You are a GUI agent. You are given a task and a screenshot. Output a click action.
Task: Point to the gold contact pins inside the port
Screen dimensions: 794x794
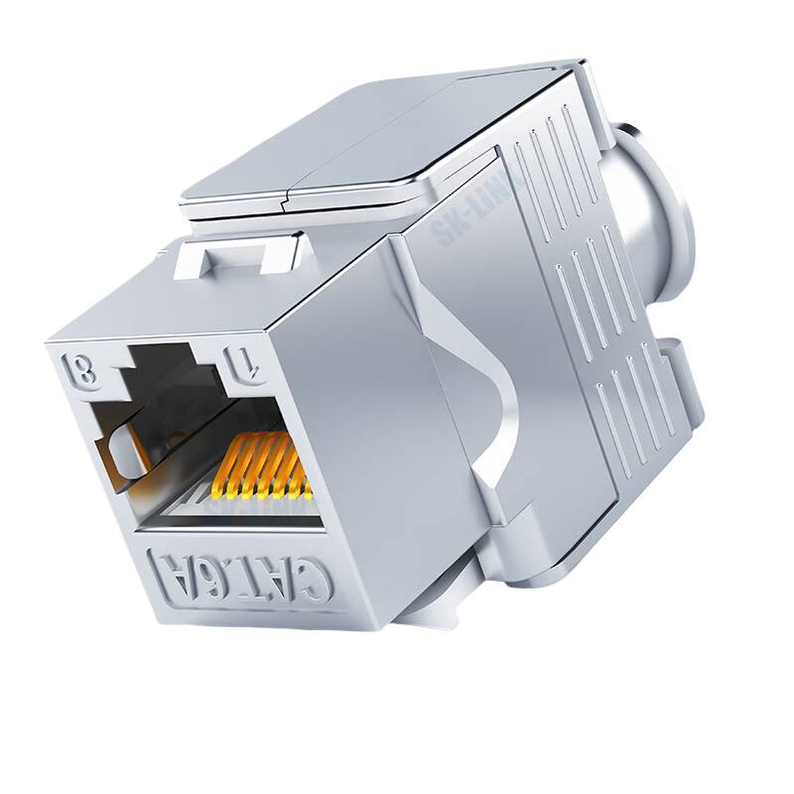pos(262,467)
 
